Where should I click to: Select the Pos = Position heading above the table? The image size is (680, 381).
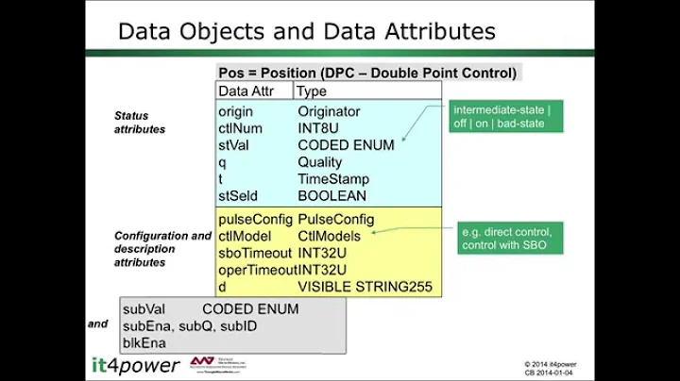(367, 73)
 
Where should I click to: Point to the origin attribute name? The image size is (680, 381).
(235, 111)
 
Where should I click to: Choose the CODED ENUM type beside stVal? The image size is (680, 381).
(346, 145)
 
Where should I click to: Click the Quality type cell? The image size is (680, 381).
(320, 162)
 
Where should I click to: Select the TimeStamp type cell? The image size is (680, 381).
(332, 179)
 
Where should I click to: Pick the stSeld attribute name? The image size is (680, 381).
(239, 196)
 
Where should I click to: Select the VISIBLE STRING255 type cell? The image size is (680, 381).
(365, 287)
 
